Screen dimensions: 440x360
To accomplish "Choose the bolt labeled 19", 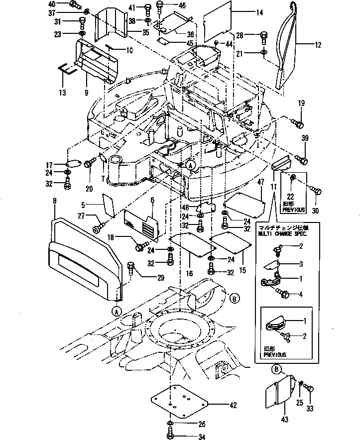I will point(296,121).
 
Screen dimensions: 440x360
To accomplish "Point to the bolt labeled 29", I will point(132,269).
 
